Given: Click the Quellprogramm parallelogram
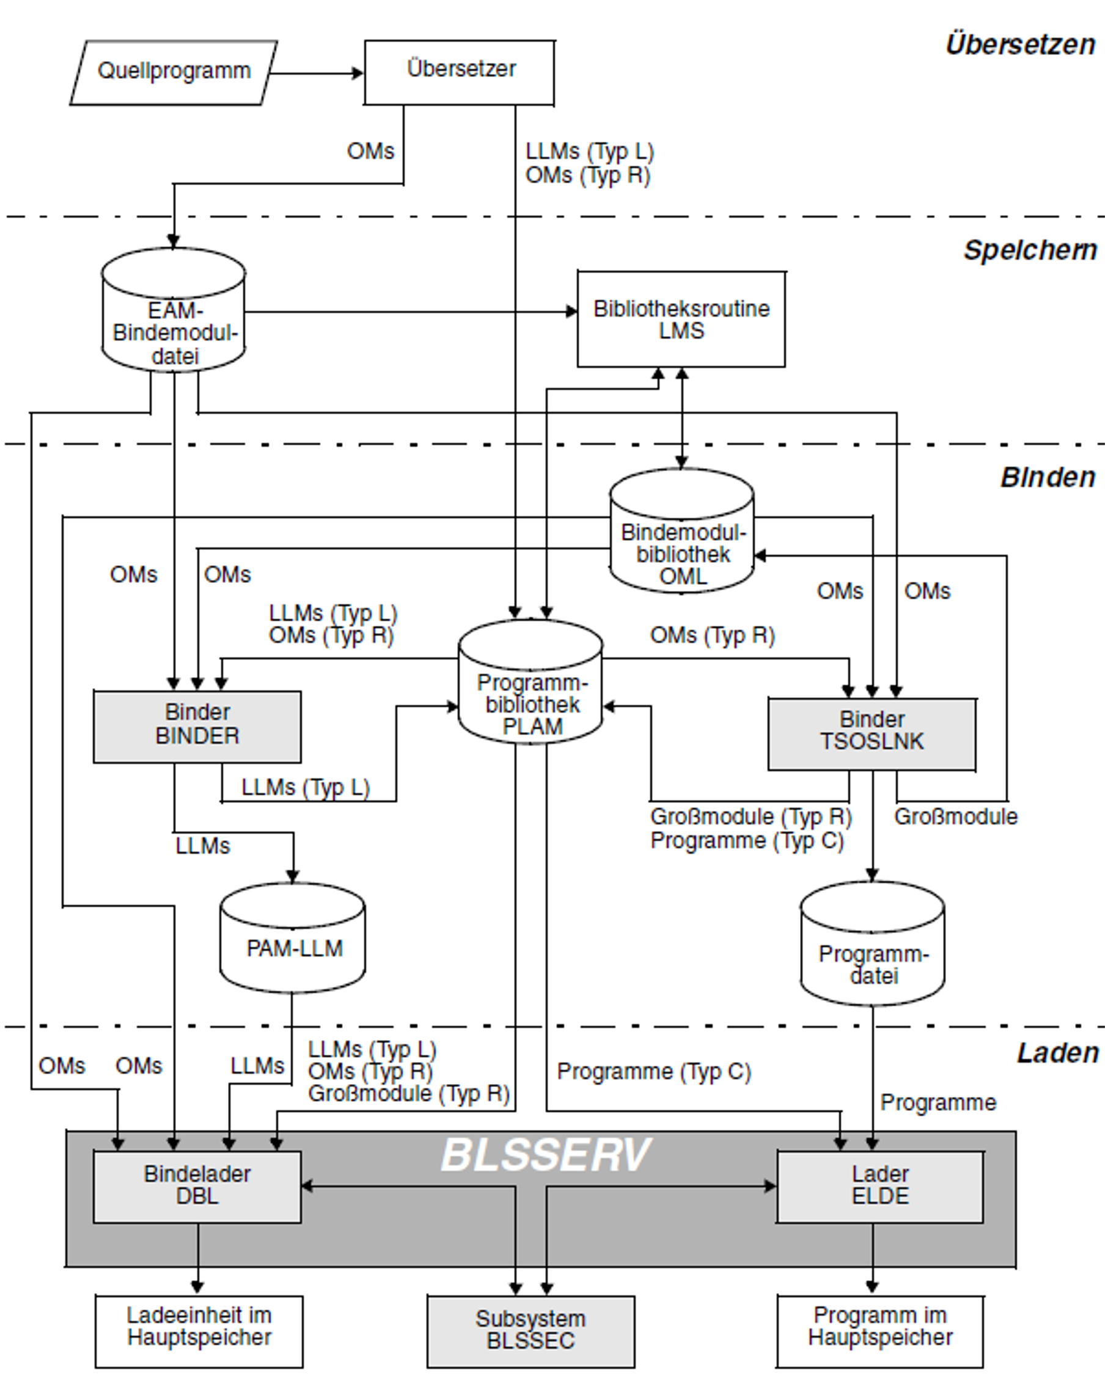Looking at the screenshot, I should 173,72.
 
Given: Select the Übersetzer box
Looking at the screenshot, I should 459,72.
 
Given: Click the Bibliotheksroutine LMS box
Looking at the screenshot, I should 681,320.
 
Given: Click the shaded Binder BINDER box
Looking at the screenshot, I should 197,727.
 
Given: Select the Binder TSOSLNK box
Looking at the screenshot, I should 871,734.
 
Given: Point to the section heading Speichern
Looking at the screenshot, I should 1030,251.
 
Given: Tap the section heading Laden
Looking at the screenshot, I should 1058,1053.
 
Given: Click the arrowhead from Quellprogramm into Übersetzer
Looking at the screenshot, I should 358,73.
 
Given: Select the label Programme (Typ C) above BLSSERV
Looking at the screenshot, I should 653,1072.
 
